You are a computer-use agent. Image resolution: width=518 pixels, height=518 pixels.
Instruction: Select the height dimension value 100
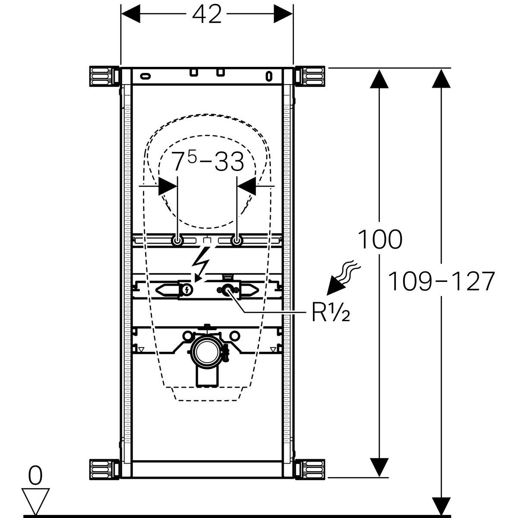pyautogui.click(x=380, y=240)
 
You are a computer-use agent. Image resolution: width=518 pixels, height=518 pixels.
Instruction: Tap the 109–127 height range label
pyautogui.click(x=441, y=282)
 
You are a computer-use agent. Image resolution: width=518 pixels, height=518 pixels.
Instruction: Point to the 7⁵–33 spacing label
pyautogui.click(x=208, y=162)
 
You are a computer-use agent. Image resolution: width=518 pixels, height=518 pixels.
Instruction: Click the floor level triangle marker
pyautogui.click(x=35, y=501)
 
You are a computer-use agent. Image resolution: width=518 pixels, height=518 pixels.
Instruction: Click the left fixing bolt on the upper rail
pyautogui.click(x=177, y=241)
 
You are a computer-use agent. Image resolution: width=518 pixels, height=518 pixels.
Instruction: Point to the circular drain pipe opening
pyautogui.click(x=207, y=349)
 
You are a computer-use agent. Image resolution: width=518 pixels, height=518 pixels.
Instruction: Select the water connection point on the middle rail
pyautogui.click(x=227, y=291)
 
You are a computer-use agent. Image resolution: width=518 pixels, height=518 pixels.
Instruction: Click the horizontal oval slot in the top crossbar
pyautogui.click(x=146, y=76)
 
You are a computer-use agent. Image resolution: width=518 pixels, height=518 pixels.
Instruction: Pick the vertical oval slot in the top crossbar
pyautogui.click(x=269, y=76)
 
